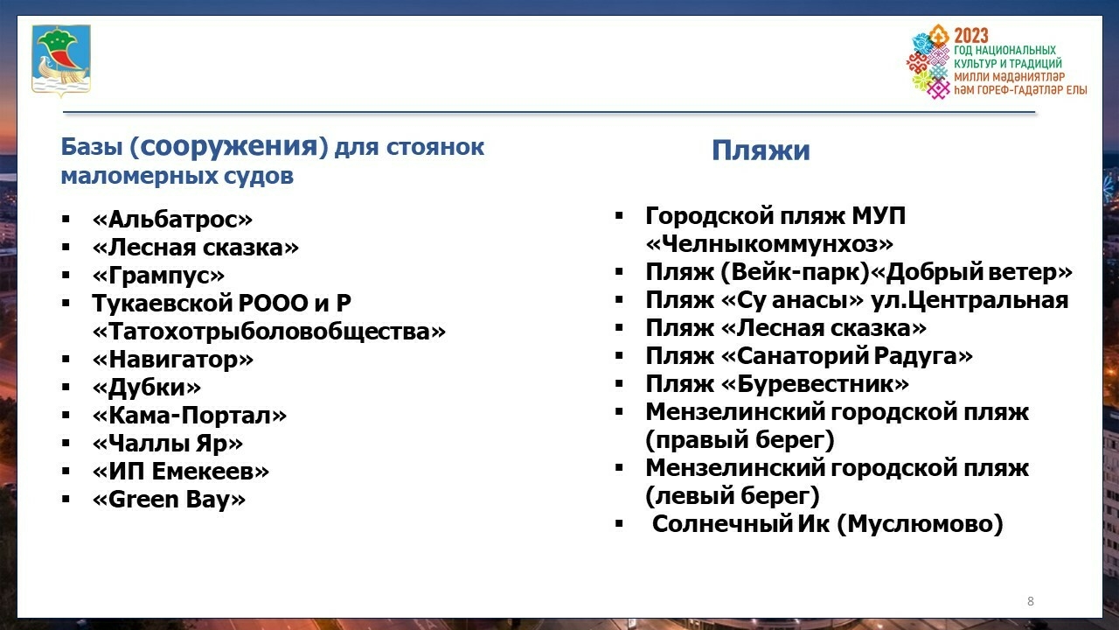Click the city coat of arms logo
click(x=61, y=59)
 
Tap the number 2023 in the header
click(x=970, y=35)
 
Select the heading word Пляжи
click(x=761, y=150)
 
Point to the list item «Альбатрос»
click(x=172, y=220)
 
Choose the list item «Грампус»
click(x=158, y=276)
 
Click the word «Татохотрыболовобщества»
click(x=268, y=332)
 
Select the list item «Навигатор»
click(x=172, y=360)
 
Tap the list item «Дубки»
click(x=146, y=388)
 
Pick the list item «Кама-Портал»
click(x=189, y=416)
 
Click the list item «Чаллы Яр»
click(x=167, y=444)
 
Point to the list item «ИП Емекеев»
click(x=180, y=472)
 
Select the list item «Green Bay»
click(x=169, y=500)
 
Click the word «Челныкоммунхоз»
click(x=769, y=244)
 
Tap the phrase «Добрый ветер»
click(x=979, y=272)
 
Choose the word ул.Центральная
click(x=979, y=300)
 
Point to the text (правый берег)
click(x=740, y=439)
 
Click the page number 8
click(x=1031, y=601)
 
